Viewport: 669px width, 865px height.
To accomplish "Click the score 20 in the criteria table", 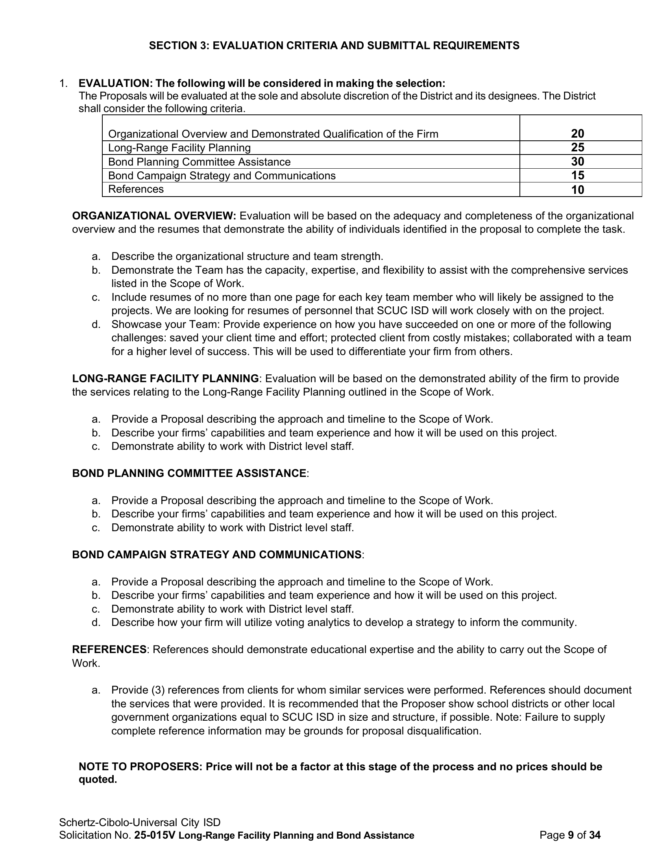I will click(577, 134).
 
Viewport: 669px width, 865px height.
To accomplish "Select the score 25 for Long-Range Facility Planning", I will click(577, 148).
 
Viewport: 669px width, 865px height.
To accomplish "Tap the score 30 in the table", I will click(577, 162).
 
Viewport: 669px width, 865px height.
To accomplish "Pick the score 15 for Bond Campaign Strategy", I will click(577, 175).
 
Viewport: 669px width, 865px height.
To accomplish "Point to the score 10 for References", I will click(577, 190).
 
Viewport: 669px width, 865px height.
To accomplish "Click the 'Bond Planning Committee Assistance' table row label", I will click(200, 162).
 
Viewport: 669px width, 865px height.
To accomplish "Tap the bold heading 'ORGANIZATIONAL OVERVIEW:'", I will click(154, 216).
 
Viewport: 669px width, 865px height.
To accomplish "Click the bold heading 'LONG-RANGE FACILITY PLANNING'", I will click(165, 379).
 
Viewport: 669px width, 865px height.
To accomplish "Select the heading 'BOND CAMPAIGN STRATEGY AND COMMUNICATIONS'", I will click(216, 555).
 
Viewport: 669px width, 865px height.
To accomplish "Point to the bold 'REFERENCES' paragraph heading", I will click(109, 650).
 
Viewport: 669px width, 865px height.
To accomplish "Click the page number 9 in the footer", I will click(571, 836).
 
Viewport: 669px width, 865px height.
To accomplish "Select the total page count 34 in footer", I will click(595, 836).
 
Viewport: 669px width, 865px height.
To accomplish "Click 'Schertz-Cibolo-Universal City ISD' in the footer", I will click(140, 823).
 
